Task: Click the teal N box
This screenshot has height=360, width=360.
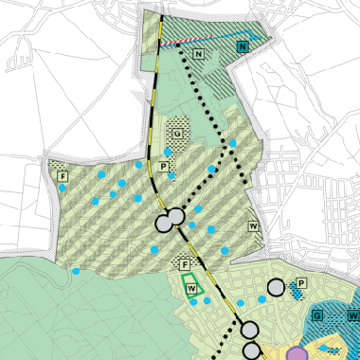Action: pos(242,46)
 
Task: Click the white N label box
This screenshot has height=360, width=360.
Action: pos(199,56)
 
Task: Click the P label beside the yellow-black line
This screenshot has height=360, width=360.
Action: pos(163,167)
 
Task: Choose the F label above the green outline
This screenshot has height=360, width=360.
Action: pos(186,263)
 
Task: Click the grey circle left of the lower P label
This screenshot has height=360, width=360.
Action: pos(276,287)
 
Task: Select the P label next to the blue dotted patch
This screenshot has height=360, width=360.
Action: pos(301,282)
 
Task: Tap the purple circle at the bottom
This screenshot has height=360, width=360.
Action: pos(297,354)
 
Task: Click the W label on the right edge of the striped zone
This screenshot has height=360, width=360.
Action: pos(253,225)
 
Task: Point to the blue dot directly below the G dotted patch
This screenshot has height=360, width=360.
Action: pos(169,152)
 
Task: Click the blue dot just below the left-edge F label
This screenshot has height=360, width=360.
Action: pos(63,189)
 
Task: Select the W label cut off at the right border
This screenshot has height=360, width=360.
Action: pos(353,315)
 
